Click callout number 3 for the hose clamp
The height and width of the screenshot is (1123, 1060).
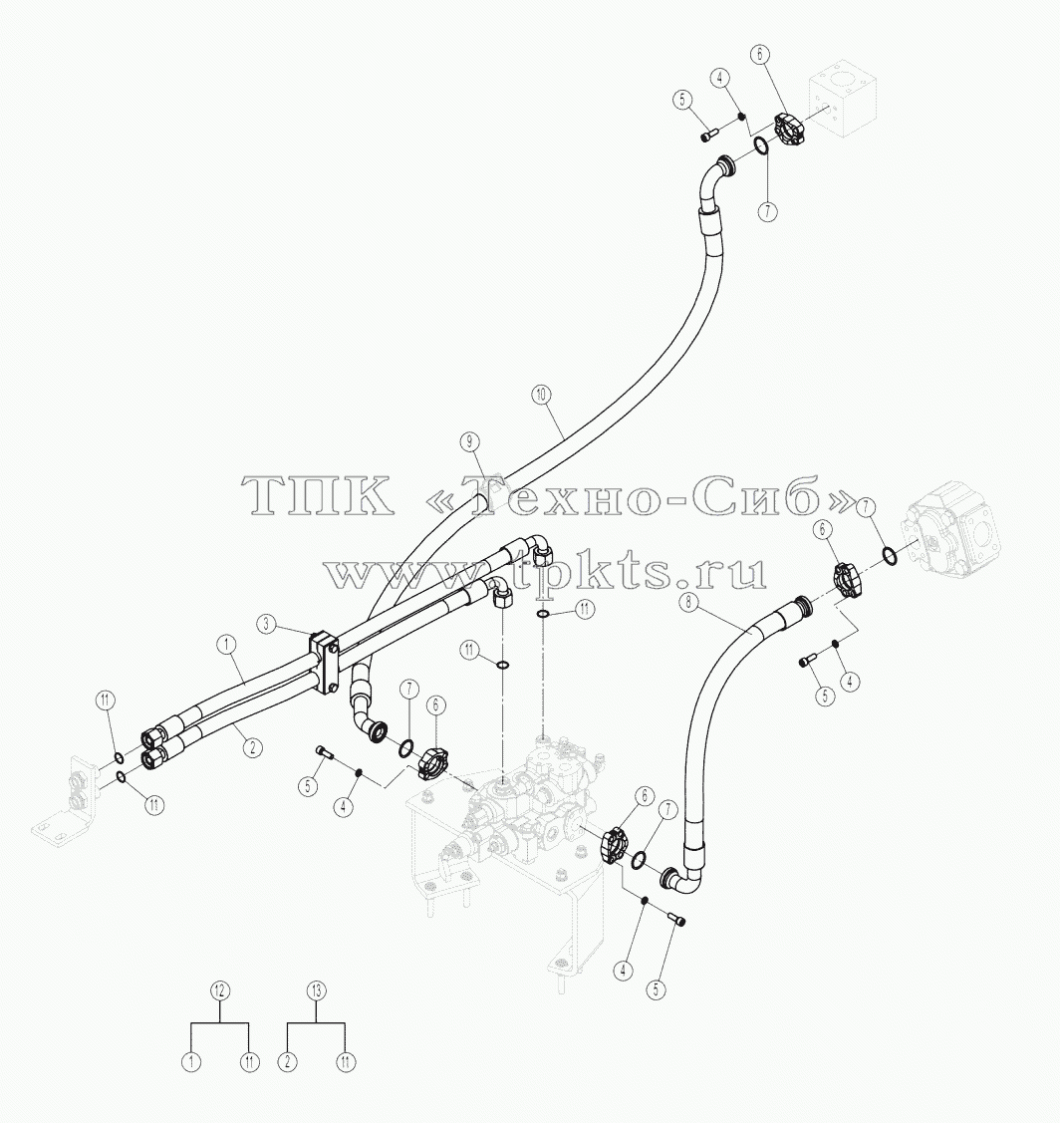[x=266, y=625]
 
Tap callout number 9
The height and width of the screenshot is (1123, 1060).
[x=469, y=441]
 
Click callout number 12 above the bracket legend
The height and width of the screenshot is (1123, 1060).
[x=220, y=990]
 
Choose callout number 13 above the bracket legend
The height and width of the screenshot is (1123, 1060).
[x=317, y=990]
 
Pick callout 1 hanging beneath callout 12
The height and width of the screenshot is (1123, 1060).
[x=191, y=1062]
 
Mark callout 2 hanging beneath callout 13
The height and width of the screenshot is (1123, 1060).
[x=287, y=1062]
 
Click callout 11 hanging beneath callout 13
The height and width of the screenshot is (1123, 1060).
[x=346, y=1062]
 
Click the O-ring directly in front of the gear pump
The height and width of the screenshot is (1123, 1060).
[x=888, y=554]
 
